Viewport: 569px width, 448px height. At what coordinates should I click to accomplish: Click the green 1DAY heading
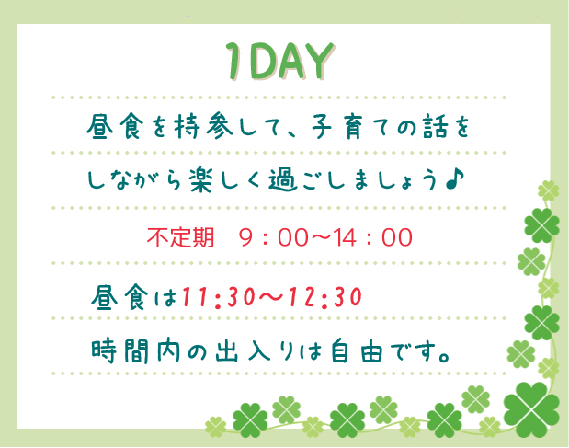coord(280,61)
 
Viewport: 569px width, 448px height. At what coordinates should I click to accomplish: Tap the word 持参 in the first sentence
coord(203,127)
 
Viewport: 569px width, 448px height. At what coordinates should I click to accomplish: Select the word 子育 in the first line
coord(337,127)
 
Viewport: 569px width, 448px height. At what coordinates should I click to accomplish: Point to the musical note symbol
coord(455,179)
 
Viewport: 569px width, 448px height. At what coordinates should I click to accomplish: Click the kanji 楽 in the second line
coord(200,179)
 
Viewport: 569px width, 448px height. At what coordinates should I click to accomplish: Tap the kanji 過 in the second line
coord(282,179)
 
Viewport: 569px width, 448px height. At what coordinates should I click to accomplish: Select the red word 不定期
coord(180,237)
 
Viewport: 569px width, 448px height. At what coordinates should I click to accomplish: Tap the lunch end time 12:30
coord(324,297)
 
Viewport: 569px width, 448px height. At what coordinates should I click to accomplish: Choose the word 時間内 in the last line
coord(136,350)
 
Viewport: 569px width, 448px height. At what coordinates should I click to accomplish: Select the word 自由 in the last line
coord(357,350)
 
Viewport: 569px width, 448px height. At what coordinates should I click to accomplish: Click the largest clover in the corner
coord(531,404)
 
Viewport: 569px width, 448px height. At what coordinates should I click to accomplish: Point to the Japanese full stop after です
coord(443,357)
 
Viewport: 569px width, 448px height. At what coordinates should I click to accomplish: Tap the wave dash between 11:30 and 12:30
coord(272,297)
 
